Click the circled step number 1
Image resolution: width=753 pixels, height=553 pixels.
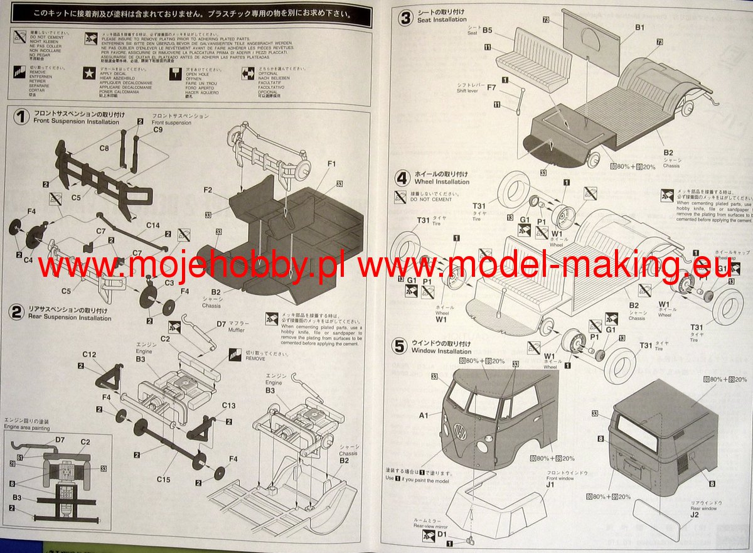click(21, 117)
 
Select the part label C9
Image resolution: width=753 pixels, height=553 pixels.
click(158, 130)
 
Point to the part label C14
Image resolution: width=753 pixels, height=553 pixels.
click(153, 225)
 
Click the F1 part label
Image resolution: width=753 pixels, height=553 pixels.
click(331, 164)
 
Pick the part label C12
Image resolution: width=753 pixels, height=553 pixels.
click(89, 355)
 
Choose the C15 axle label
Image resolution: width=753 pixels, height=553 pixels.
click(163, 480)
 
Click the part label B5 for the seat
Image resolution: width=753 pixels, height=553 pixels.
click(487, 30)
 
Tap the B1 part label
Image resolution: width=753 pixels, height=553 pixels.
click(639, 28)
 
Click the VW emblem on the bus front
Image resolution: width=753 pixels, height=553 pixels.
click(459, 432)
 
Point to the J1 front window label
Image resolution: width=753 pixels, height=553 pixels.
click(550, 484)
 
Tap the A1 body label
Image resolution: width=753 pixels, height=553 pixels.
click(423, 415)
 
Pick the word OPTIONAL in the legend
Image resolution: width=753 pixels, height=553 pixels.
click(268, 73)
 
